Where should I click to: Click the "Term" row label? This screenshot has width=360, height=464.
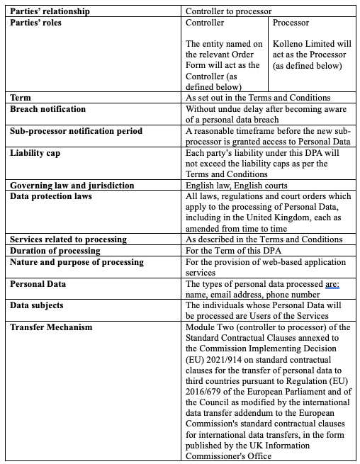click(x=22, y=98)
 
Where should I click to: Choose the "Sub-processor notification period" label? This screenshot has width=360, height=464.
click(x=76, y=131)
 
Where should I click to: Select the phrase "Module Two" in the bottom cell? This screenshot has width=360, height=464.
click(x=211, y=327)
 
